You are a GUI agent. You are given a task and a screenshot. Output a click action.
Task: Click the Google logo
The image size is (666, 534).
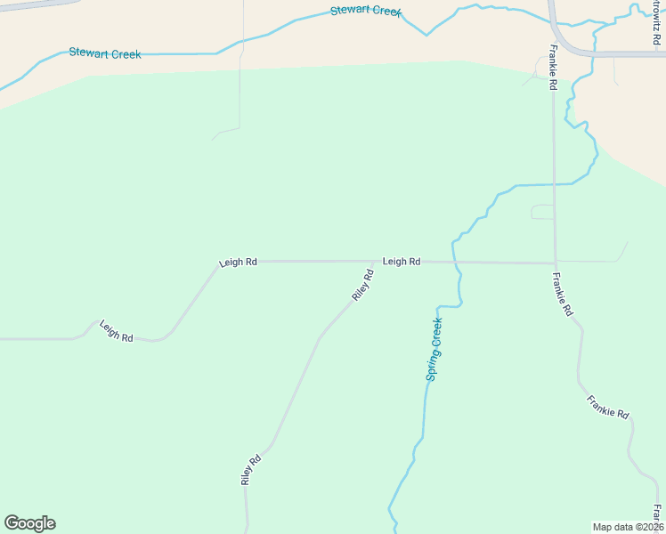click(x=29, y=523)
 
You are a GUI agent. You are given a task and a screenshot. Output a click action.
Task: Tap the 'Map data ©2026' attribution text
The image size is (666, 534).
click(x=627, y=527)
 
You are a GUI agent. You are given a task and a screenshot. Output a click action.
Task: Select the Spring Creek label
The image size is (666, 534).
click(x=435, y=350)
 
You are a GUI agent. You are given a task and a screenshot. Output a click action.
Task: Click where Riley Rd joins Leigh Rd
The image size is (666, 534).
click(x=376, y=262)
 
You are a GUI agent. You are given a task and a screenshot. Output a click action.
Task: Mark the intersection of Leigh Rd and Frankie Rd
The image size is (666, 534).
click(x=555, y=263)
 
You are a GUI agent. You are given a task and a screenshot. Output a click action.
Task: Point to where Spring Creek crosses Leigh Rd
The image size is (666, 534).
click(x=454, y=263)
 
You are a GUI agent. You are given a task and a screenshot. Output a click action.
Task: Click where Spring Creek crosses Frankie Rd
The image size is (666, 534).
click(x=554, y=184)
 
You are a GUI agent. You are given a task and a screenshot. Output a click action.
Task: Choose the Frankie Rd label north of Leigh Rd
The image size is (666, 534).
click(x=553, y=68)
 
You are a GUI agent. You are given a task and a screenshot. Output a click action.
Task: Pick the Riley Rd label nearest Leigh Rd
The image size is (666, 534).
click(x=362, y=285)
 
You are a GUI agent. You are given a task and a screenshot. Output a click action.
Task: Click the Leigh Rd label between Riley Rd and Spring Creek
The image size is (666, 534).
click(x=402, y=262)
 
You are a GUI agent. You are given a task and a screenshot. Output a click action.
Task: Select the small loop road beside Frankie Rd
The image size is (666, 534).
click(x=542, y=211)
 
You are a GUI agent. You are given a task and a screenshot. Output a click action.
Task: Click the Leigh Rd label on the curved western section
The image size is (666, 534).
click(x=117, y=331)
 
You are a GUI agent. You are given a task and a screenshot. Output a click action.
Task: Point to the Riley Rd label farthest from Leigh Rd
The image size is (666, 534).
click(x=251, y=469)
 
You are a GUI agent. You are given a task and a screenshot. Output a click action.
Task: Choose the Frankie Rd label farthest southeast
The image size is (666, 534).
click(x=608, y=408)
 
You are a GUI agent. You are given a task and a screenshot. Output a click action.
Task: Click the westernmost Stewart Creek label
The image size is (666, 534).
click(x=105, y=54)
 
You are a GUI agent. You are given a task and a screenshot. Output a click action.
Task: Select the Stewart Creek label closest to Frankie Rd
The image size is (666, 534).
click(x=366, y=12)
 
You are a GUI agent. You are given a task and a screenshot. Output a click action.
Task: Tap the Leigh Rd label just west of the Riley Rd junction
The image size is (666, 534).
click(x=238, y=263)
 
